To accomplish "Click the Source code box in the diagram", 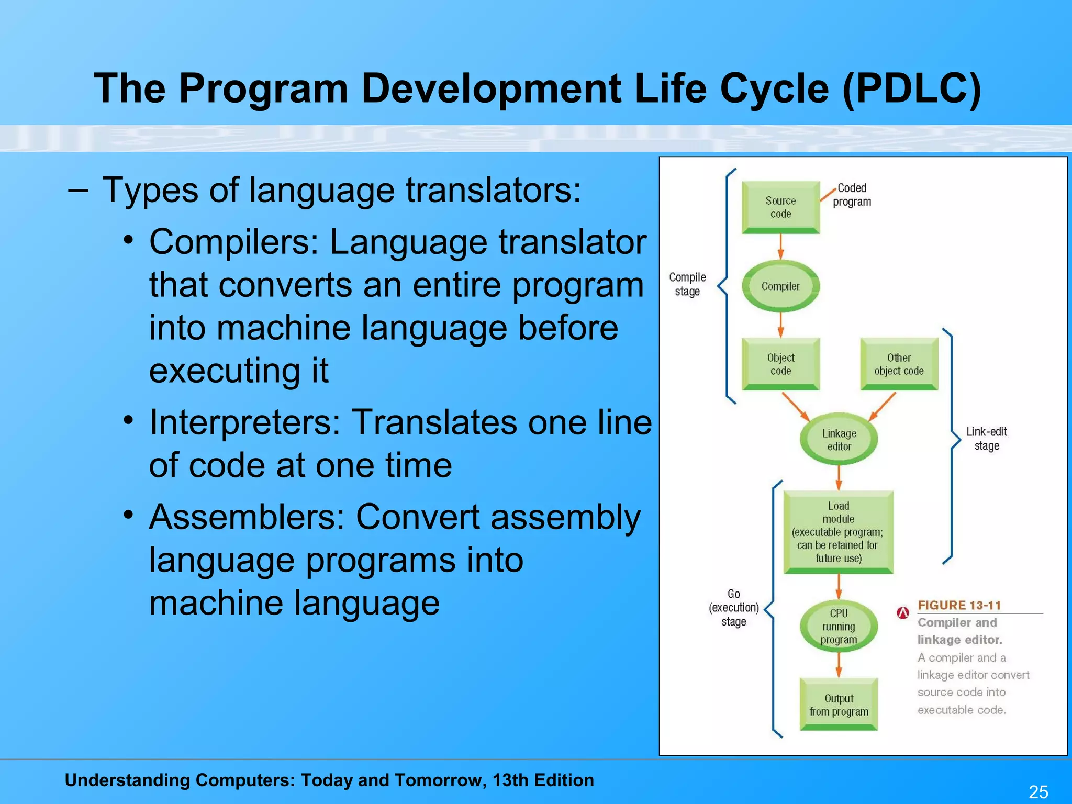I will tap(780, 207).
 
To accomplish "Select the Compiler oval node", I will tap(780, 286).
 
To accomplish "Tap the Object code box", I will tap(780, 364).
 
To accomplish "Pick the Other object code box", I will tap(899, 364).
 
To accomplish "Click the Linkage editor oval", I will tap(839, 440).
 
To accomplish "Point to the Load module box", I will tap(838, 532).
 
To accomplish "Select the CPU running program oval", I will tap(839, 626).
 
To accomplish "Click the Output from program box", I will tap(839, 705).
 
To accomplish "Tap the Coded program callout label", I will tap(852, 195).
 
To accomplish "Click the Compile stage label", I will tap(687, 284).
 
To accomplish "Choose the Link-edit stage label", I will tap(986, 439).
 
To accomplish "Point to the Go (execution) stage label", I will tap(733, 608).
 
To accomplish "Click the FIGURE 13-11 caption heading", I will tap(959, 605).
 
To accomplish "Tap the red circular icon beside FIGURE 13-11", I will tap(903, 612).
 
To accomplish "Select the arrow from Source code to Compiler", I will tap(780, 246).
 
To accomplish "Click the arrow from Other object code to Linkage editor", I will tap(883, 406).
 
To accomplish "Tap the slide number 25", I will tap(1038, 792).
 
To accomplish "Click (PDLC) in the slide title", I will tap(911, 88).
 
